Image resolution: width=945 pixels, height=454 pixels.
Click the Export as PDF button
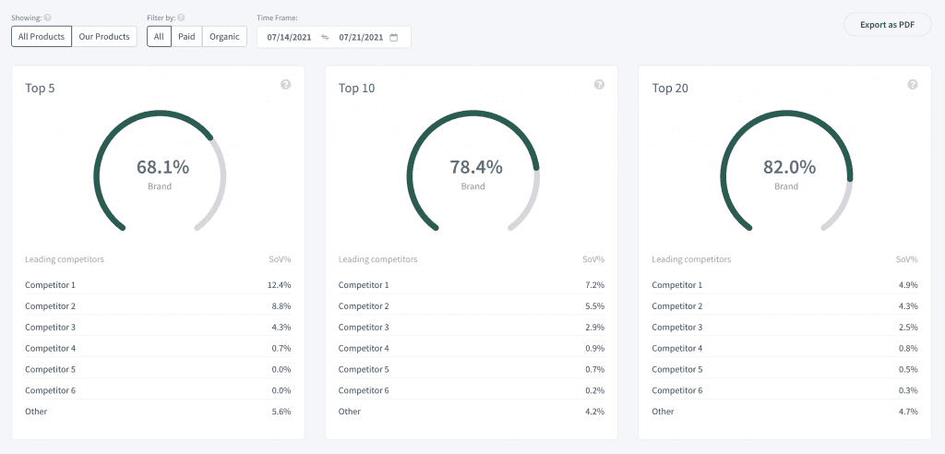click(x=886, y=25)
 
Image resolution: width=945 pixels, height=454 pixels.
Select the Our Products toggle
click(x=104, y=37)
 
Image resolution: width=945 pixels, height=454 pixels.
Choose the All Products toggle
click(x=42, y=37)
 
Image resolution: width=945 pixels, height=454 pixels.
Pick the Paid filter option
click(x=186, y=37)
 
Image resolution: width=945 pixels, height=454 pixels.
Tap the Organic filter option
click(x=224, y=37)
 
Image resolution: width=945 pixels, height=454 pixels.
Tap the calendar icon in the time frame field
click(x=394, y=38)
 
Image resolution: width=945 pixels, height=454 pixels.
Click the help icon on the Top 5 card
click(x=285, y=85)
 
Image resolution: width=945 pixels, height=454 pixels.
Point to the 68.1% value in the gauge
click(x=162, y=167)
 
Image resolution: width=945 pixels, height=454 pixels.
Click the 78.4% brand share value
click(x=476, y=167)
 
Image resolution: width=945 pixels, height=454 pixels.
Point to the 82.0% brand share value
click(x=789, y=167)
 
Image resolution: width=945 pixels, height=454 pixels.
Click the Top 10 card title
click(x=356, y=89)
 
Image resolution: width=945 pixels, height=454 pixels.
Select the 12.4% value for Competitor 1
click(x=279, y=285)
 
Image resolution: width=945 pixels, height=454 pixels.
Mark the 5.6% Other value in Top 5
click(x=281, y=412)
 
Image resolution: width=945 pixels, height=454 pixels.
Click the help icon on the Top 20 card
click(x=913, y=85)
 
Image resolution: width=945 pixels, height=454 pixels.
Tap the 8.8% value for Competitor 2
click(x=281, y=306)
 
